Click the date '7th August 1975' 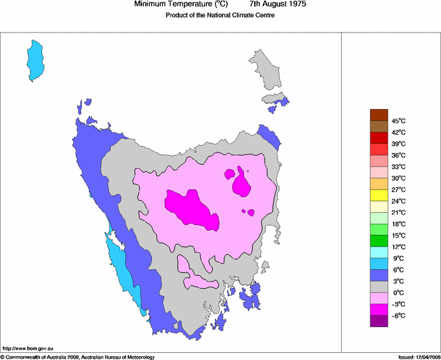[x=278, y=5]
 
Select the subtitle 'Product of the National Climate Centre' [x=220, y=16]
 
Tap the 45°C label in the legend [x=399, y=121]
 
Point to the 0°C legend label [x=399, y=293]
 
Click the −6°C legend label [x=399, y=315]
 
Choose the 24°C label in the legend [x=399, y=201]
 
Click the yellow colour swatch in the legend [x=379, y=195]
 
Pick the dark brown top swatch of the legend [x=379, y=115]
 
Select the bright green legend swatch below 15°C [x=379, y=241]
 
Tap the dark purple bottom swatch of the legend [x=379, y=321]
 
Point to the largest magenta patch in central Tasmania [x=194, y=208]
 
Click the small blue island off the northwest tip [x=87, y=102]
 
